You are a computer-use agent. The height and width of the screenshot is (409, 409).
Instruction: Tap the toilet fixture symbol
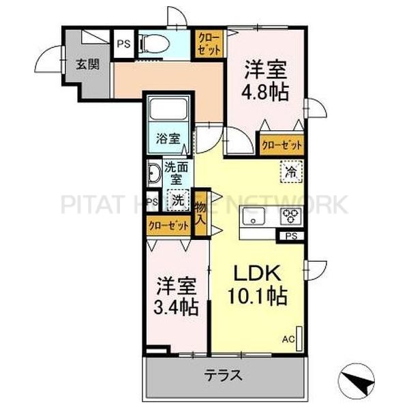153,44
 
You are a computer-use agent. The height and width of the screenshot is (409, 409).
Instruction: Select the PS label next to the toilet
123,44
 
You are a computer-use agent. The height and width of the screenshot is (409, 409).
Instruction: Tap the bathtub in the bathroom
168,110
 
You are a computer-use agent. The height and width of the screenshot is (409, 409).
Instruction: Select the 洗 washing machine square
177,201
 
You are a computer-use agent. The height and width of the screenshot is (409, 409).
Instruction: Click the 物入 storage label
200,214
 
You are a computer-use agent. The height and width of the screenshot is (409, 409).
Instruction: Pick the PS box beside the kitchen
291,237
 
